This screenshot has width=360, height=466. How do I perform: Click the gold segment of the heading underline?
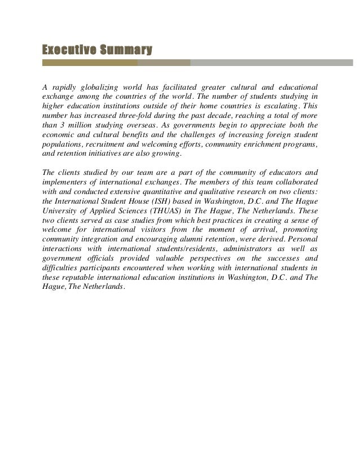pyautogui.click(x=90, y=64)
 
